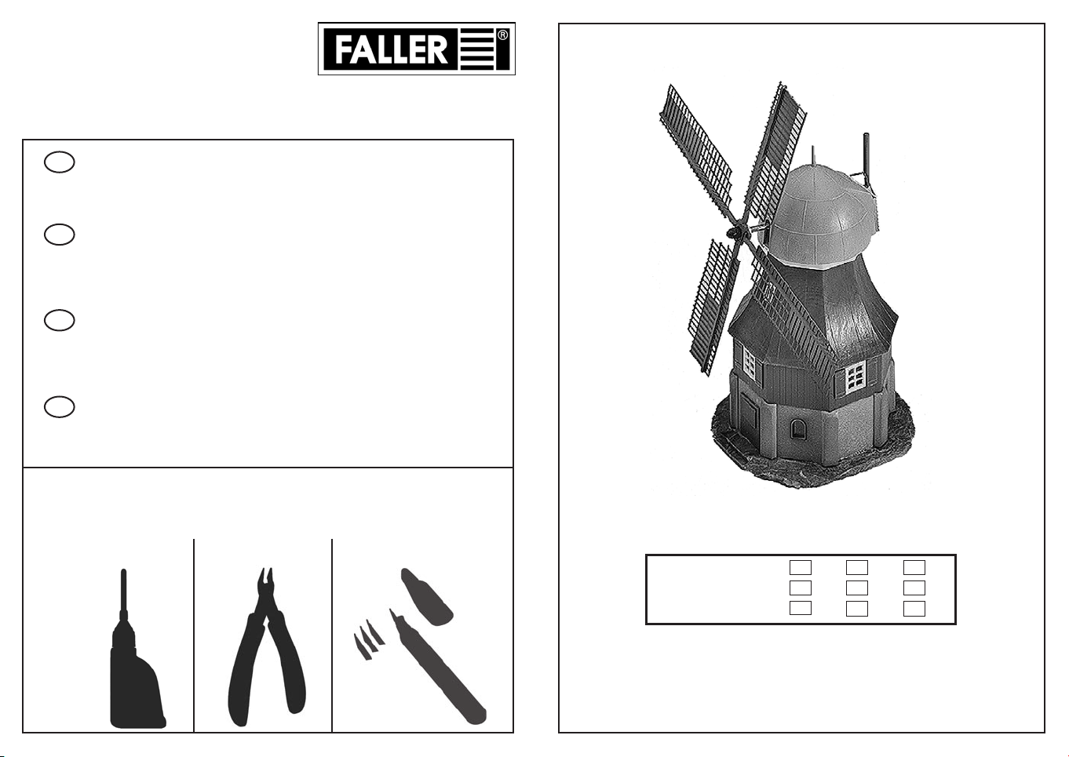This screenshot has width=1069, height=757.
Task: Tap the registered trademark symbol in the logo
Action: (502, 35)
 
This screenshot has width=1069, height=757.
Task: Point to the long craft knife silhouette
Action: (436, 671)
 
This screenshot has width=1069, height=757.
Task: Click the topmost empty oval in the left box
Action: (59, 162)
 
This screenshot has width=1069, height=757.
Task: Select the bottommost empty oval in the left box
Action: (59, 407)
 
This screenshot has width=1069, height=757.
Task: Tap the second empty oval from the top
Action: (59, 235)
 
